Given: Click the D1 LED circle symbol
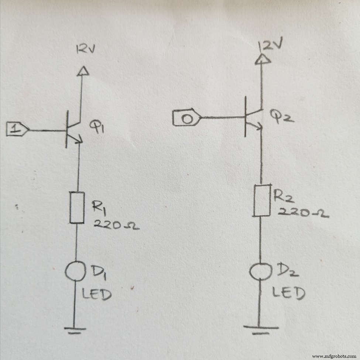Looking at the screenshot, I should [75, 271].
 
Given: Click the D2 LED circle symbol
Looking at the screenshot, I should [260, 271].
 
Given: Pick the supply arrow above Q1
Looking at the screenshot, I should [83, 71].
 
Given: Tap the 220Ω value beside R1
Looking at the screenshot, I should [116, 225].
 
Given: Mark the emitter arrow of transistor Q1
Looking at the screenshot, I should [78, 140].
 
